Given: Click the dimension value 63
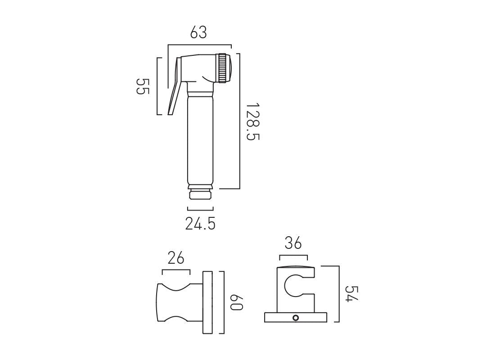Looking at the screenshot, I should [198, 33].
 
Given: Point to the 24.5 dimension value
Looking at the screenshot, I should [200, 223].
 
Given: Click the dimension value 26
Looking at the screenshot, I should [176, 258].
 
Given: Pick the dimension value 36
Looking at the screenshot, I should [293, 243].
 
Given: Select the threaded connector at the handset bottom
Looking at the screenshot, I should [200, 193].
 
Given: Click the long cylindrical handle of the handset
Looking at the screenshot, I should [200, 139].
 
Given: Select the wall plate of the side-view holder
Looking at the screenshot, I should [207, 302].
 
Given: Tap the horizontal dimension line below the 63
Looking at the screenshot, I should [199, 45].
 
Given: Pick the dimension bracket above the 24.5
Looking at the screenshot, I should [200, 209].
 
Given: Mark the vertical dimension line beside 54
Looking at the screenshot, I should [338, 294].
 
